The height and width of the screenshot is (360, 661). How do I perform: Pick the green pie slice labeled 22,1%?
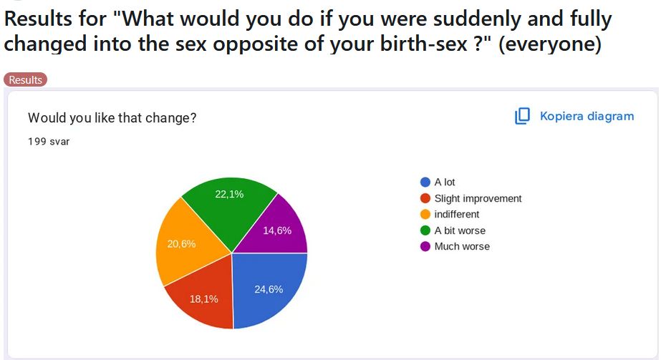(229, 204)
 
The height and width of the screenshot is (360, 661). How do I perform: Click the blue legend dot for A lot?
(425, 183)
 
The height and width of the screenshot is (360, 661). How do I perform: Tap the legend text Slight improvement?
(478, 198)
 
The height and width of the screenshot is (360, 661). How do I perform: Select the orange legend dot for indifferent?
(425, 214)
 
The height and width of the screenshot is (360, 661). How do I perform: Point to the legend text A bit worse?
(460, 230)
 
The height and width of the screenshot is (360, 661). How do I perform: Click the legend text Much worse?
(462, 246)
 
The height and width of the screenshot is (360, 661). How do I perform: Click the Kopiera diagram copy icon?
(522, 116)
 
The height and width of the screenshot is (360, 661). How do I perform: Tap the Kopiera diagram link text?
(587, 116)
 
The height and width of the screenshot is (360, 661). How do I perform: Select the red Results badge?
(25, 79)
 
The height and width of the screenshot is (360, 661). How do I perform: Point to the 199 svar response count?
(49, 141)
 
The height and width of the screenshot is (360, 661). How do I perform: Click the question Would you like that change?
(112, 117)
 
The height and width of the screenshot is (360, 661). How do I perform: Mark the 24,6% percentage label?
(269, 289)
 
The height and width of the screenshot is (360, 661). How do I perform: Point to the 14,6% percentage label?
(277, 230)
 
